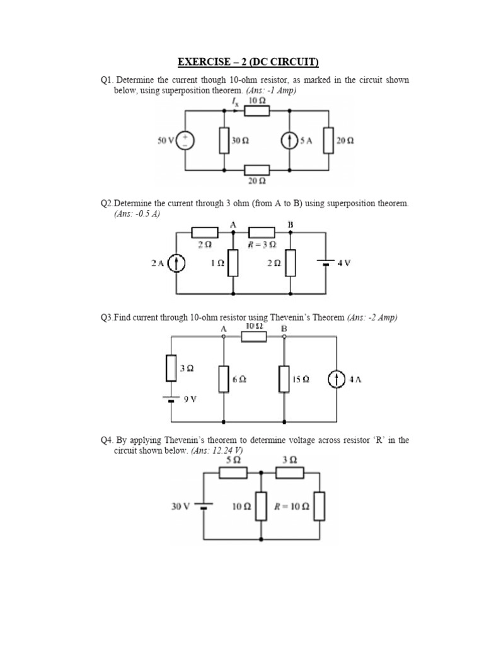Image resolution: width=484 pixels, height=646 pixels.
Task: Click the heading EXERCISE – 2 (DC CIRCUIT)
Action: click(x=248, y=62)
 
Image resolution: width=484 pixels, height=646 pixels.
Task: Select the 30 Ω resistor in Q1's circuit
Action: click(x=224, y=141)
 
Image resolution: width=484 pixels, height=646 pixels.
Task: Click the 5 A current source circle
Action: click(x=289, y=141)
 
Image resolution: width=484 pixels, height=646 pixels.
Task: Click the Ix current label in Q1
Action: click(x=235, y=101)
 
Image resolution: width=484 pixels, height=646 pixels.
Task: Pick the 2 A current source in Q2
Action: click(x=177, y=263)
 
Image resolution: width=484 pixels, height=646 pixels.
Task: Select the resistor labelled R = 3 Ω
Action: click(x=262, y=233)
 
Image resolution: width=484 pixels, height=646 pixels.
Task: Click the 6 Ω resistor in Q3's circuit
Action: click(x=224, y=379)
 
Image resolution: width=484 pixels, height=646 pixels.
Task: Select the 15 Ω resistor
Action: click(x=284, y=379)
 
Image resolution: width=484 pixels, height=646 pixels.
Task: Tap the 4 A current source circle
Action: click(x=337, y=379)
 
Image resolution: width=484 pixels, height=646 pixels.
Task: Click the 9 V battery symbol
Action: click(x=171, y=399)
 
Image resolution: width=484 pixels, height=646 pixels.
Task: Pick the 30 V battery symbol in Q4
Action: click(x=203, y=506)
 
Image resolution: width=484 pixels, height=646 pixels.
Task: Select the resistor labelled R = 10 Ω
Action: click(x=320, y=506)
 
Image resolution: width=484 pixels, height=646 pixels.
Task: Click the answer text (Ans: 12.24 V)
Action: click(x=216, y=451)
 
